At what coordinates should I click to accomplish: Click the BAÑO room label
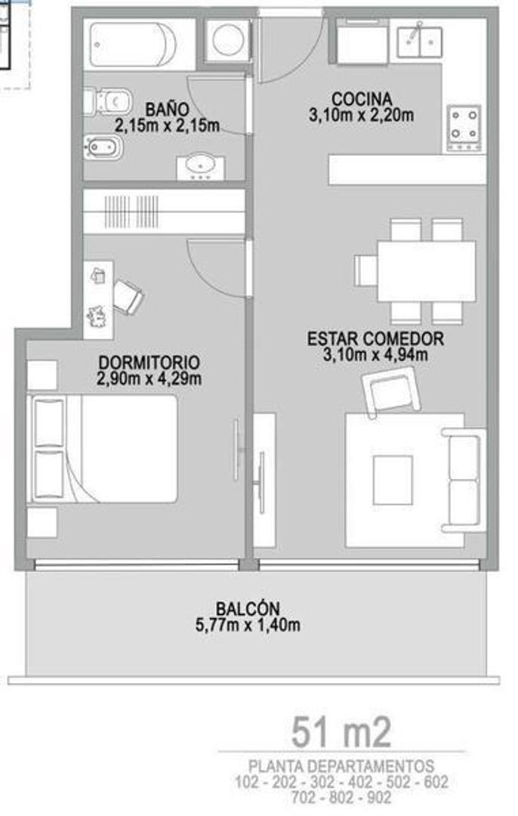(x=168, y=109)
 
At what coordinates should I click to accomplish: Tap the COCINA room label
(x=361, y=99)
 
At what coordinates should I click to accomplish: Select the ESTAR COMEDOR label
(x=375, y=338)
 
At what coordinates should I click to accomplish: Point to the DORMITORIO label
(x=149, y=362)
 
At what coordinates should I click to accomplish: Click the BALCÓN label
(x=248, y=608)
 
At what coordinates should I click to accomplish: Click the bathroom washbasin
(x=201, y=165)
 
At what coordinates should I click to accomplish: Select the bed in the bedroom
(x=106, y=449)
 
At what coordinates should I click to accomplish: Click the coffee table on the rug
(x=393, y=480)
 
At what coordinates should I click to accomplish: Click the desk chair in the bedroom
(x=128, y=296)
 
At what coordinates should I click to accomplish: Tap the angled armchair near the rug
(x=391, y=391)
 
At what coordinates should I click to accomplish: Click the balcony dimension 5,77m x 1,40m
(x=248, y=625)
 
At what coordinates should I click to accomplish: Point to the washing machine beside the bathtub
(x=228, y=39)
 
